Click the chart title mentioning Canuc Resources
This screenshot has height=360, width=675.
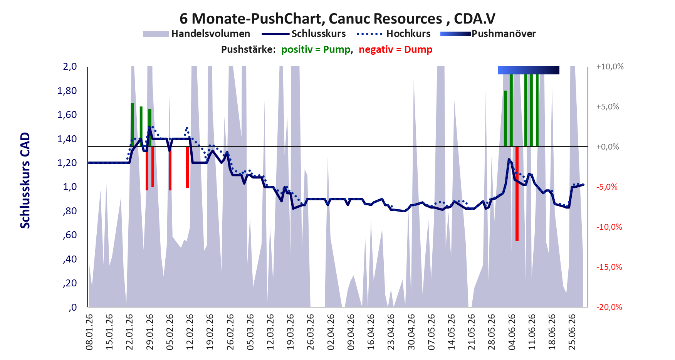pos(337,19)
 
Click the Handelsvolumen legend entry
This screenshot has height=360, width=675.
pos(196,34)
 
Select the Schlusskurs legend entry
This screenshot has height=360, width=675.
pos(304,34)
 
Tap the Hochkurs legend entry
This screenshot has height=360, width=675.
pos(394,34)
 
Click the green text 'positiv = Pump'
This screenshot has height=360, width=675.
pos(316,50)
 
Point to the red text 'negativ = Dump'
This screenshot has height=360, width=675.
pos(396,50)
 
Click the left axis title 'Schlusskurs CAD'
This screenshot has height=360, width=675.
pos(25,180)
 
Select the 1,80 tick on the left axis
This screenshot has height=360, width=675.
pos(67,91)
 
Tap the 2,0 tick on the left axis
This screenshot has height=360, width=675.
pos(70,67)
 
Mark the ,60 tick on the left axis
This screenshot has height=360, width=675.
pos(70,235)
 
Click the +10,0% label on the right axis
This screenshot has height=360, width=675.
pos(610,67)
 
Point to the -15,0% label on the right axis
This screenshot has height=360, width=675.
pos(610,267)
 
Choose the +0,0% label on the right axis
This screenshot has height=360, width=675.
pos(608,147)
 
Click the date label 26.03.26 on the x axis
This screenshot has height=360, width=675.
pos(311,332)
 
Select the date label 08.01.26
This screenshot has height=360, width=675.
pos(89,332)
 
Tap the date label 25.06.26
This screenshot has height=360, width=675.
pos(572,332)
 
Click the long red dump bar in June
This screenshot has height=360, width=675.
pos(517,194)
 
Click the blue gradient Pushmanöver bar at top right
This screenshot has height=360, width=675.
pos(529,70)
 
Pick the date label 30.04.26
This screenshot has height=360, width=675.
pos(411,332)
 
